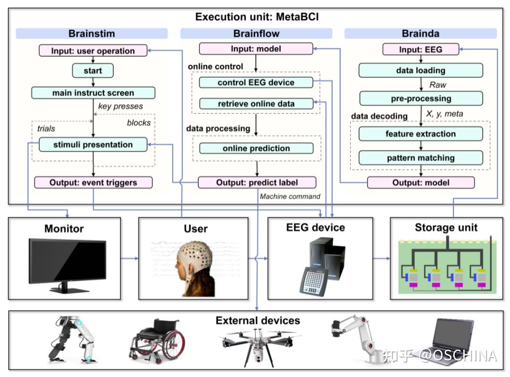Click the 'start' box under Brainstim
tap(93, 71)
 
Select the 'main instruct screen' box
tap(93, 93)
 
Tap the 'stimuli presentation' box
tap(93, 145)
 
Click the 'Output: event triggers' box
tap(93, 183)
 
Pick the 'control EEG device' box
tap(256, 83)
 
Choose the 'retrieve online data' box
tap(256, 104)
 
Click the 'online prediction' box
tap(256, 148)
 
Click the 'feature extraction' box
tap(420, 134)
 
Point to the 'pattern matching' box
tap(420, 158)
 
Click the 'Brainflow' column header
tap(256, 34)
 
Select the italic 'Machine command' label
tap(290, 196)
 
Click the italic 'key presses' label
tap(120, 106)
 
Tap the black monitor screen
tap(68, 260)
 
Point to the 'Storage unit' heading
tap(446, 227)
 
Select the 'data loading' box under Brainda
tap(420, 71)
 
